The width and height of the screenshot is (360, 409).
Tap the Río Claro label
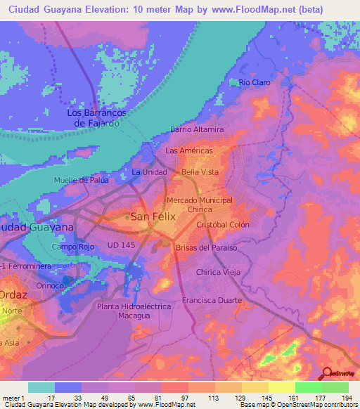click(254, 82)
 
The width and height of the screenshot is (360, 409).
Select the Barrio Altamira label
click(197, 130)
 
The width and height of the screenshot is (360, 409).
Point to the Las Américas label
click(188, 151)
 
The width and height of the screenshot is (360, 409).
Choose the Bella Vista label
click(200, 172)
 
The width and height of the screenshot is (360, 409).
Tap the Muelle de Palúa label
click(82, 180)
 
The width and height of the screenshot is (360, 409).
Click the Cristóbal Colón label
click(223, 225)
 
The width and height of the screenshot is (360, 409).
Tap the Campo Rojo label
click(72, 247)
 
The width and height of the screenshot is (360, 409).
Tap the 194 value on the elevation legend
click(346, 398)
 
